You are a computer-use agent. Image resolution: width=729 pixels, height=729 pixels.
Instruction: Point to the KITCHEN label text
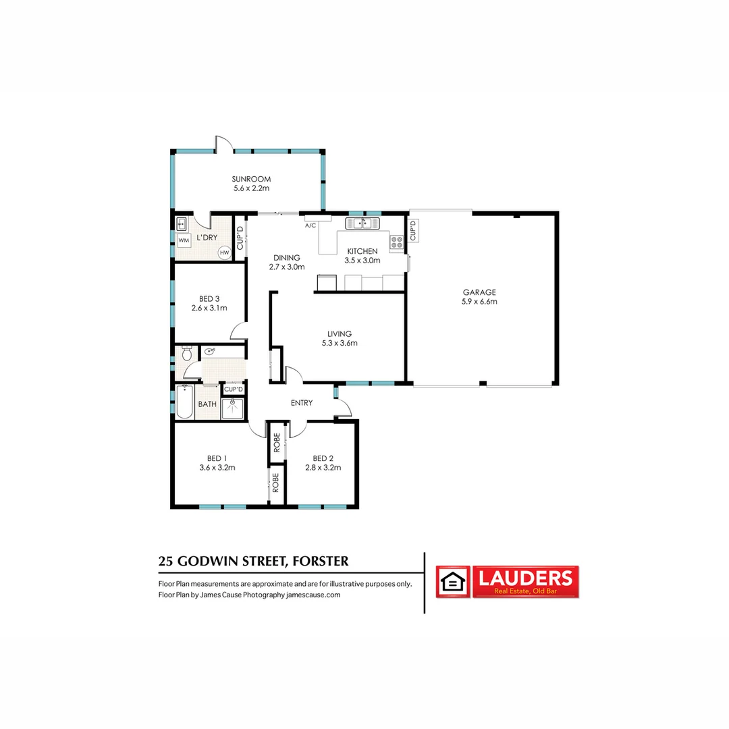click(362, 251)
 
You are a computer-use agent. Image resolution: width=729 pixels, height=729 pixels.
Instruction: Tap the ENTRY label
click(302, 403)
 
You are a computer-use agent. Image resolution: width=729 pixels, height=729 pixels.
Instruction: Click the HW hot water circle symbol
click(225, 252)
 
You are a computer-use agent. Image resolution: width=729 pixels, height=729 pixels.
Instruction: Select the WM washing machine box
click(184, 240)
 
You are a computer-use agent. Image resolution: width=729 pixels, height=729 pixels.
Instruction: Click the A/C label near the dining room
click(311, 225)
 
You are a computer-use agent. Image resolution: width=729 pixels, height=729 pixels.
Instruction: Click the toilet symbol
click(186, 353)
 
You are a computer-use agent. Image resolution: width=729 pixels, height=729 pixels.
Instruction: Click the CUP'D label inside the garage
click(414, 230)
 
